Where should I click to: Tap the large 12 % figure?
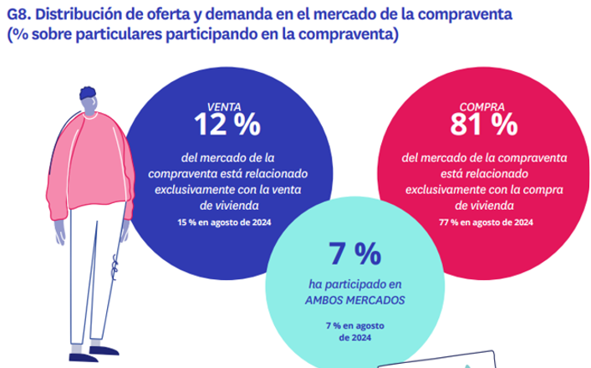(x=227, y=125)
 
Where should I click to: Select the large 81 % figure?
(x=482, y=125)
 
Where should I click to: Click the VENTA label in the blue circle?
(x=226, y=106)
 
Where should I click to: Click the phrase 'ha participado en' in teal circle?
(x=354, y=281)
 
